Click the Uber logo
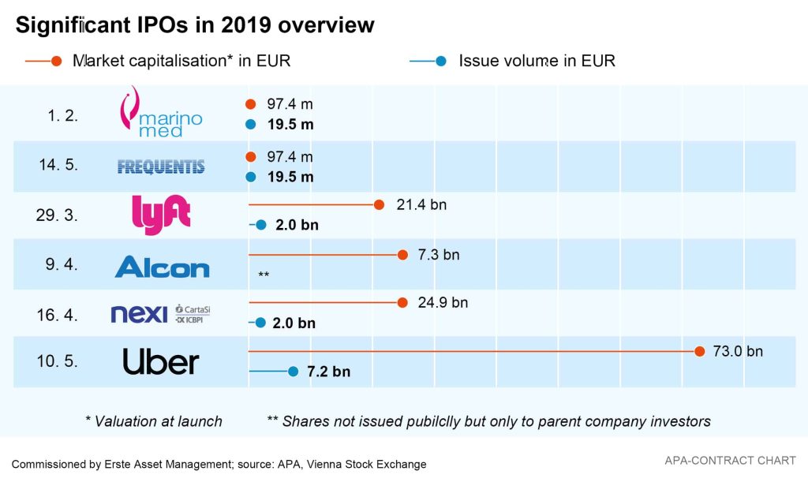click(x=161, y=362)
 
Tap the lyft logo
click(x=161, y=215)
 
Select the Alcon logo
click(x=162, y=266)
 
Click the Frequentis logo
click(x=160, y=166)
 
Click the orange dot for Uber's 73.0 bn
click(x=699, y=351)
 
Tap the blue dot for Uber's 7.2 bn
click(x=293, y=372)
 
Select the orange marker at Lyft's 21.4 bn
click(x=379, y=205)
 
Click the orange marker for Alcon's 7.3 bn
click(x=402, y=255)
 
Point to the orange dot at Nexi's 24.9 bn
click(x=402, y=302)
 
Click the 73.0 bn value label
click(x=738, y=352)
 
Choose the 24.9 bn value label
click(x=443, y=303)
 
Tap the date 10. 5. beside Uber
click(x=57, y=361)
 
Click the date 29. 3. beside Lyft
click(x=57, y=215)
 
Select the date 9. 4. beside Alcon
click(x=61, y=265)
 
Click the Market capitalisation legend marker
click(x=56, y=61)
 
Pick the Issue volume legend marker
click(x=441, y=61)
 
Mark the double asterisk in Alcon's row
click(x=264, y=275)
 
